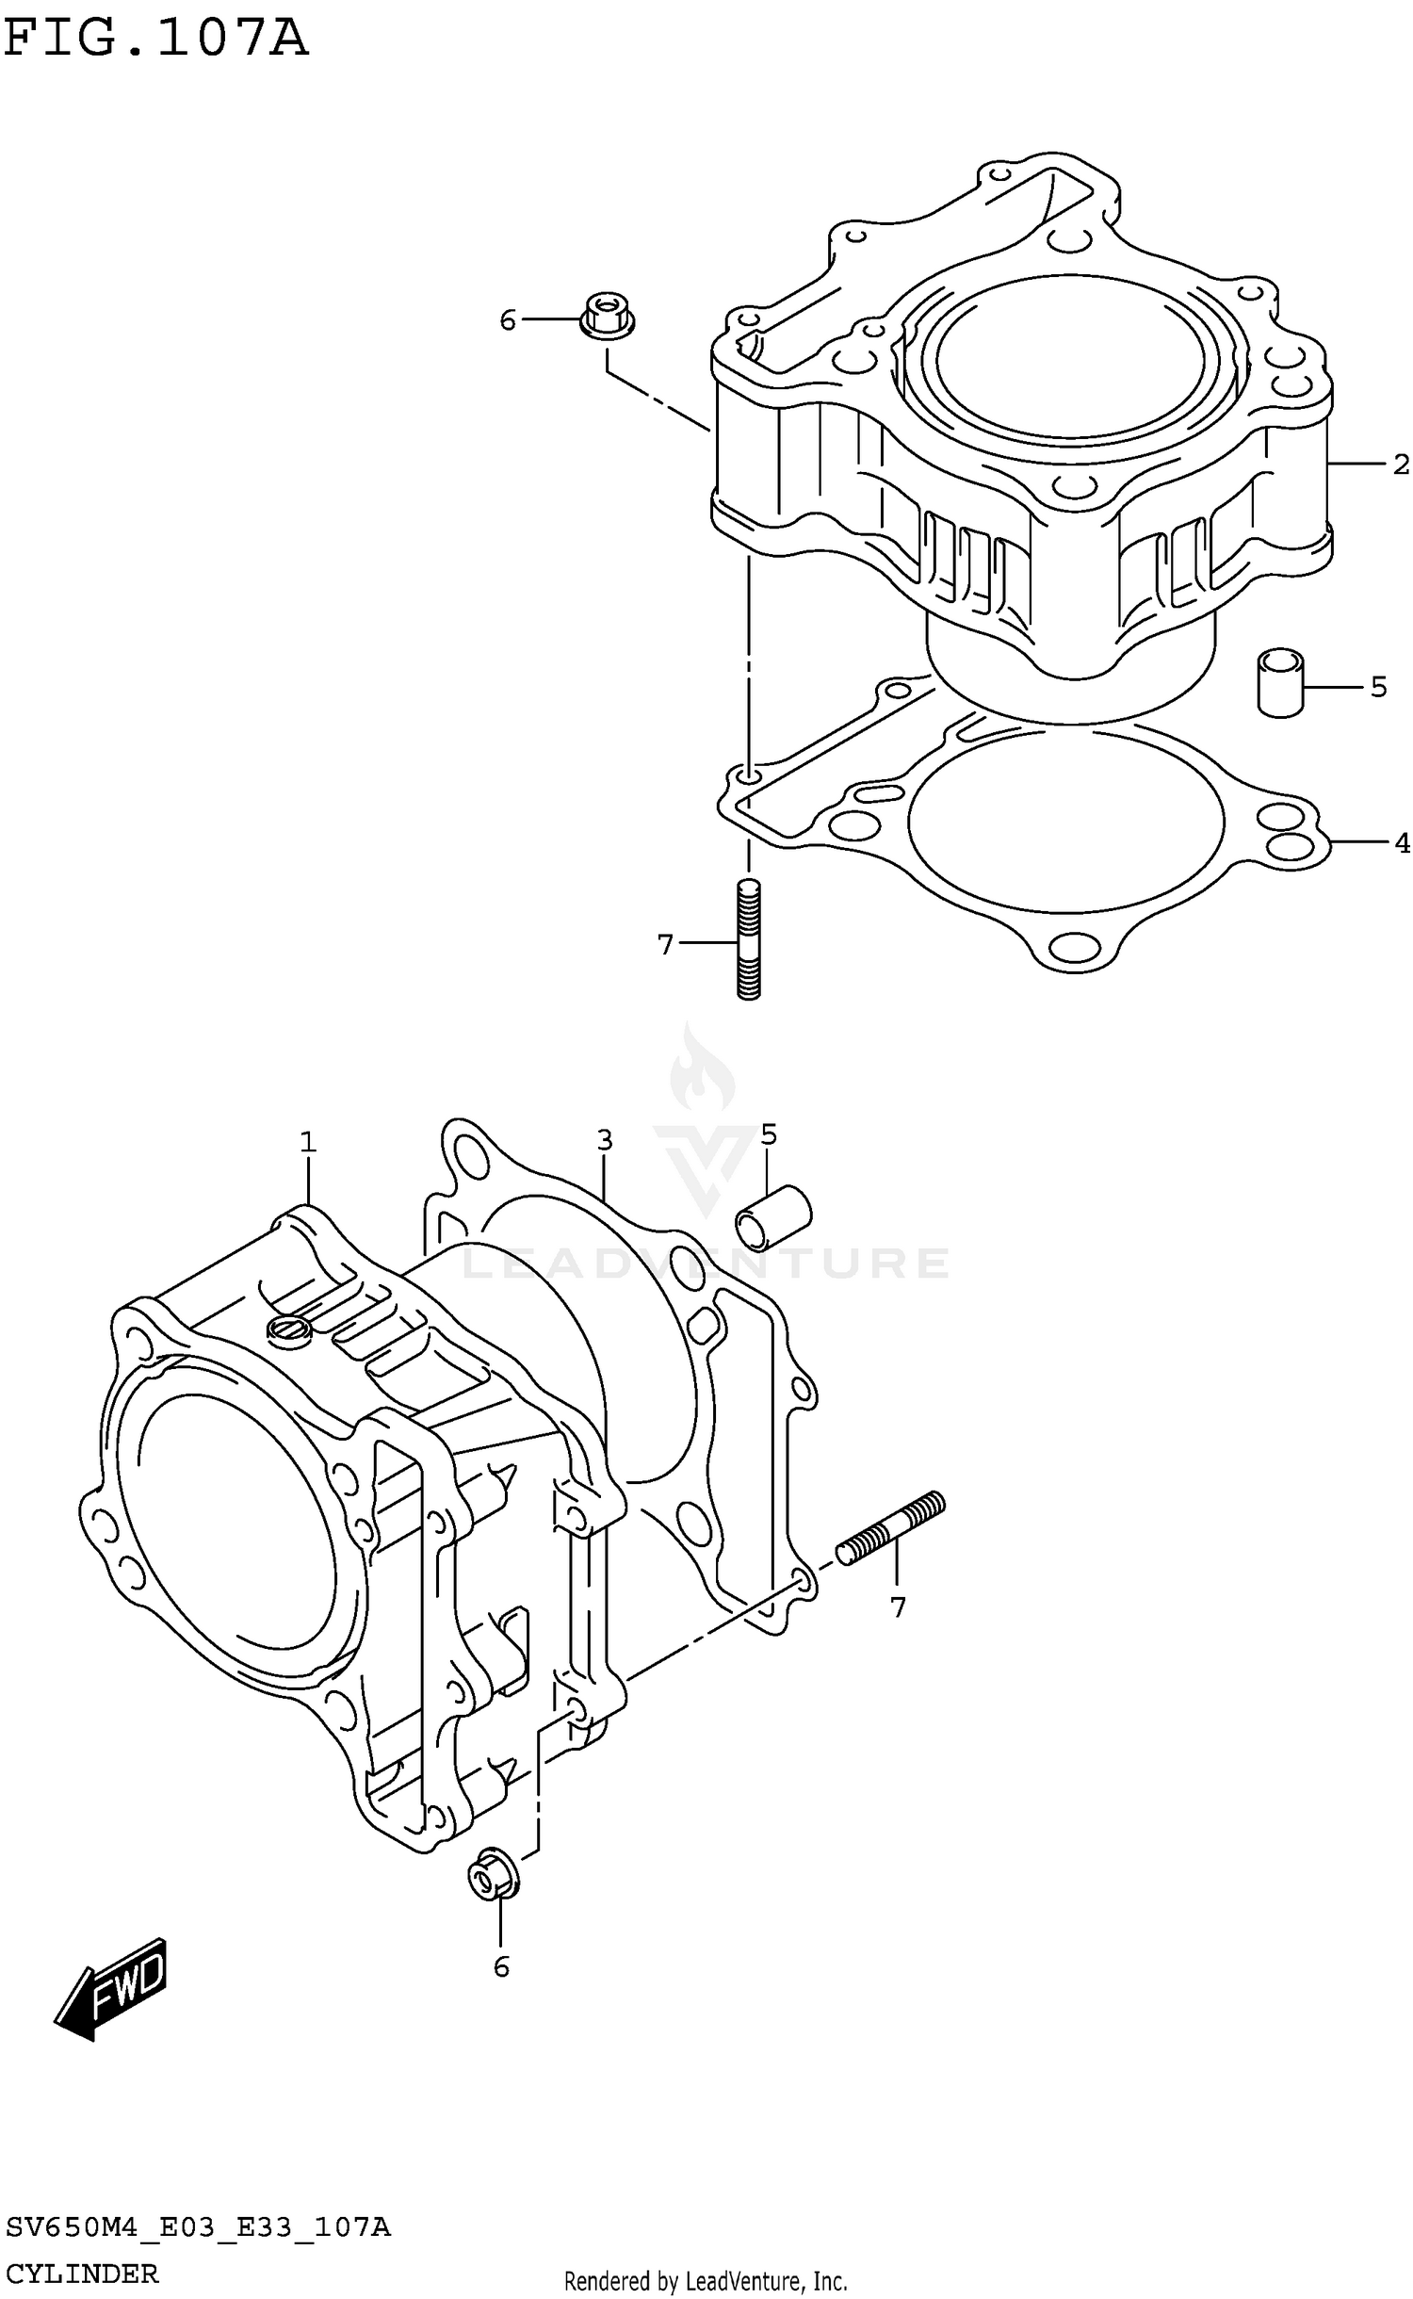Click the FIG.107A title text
click(x=155, y=40)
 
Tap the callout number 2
click(x=1401, y=465)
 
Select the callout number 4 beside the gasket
click(x=1402, y=842)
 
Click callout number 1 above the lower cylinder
click(x=308, y=1142)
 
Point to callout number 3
click(x=604, y=1140)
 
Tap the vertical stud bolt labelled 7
click(x=749, y=938)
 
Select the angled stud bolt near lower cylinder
click(x=890, y=1528)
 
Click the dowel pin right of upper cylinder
click(x=1280, y=682)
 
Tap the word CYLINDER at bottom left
click(x=82, y=2274)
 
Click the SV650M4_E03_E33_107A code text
click(x=198, y=2228)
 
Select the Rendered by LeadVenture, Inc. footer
click(x=706, y=2281)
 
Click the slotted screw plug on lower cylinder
click(x=287, y=1329)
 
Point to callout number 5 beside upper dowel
click(x=1378, y=687)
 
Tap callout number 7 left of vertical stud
click(x=666, y=943)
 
